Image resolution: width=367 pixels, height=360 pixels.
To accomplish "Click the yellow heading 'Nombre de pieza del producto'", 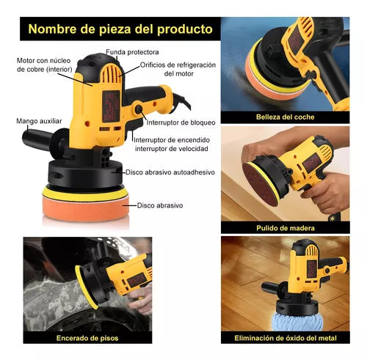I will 120,30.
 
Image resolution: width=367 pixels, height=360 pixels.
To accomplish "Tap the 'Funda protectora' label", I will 131,52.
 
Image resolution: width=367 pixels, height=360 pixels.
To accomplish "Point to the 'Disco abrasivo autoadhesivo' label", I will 170,172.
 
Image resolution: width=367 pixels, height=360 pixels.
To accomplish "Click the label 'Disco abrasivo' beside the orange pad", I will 160,205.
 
